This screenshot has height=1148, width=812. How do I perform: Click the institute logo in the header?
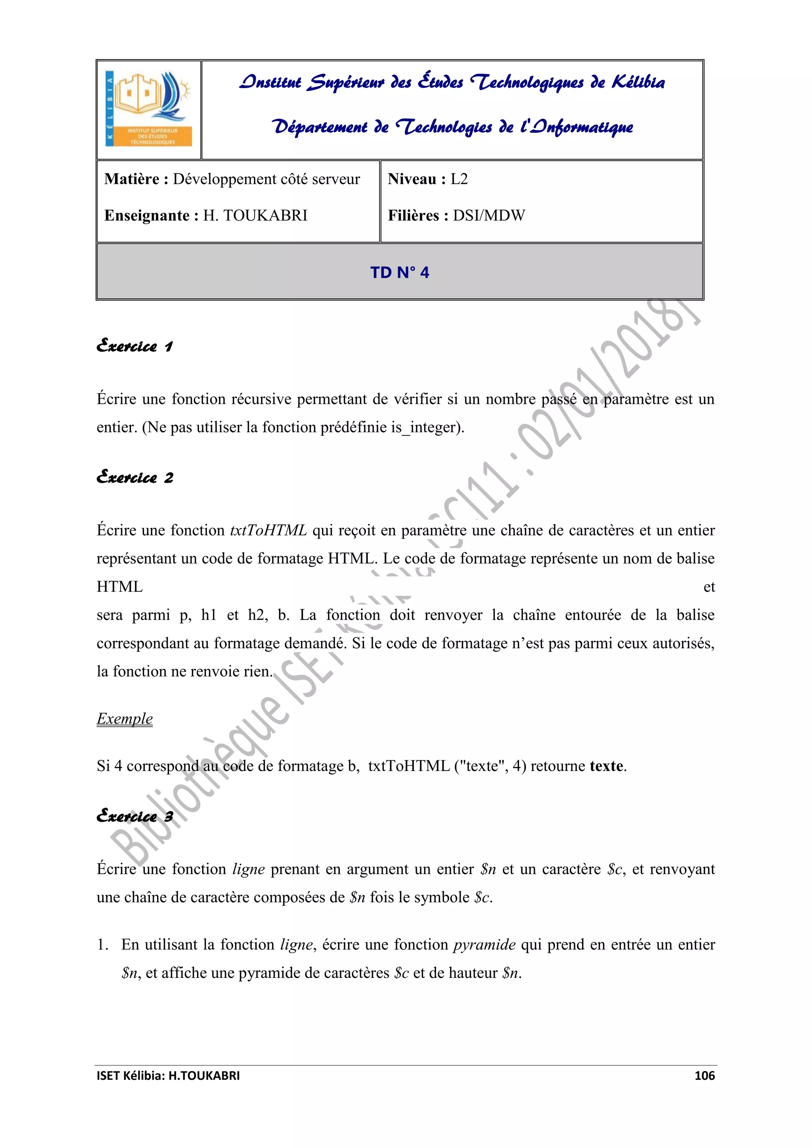pos(149,109)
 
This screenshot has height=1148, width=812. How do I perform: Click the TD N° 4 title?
pos(400,272)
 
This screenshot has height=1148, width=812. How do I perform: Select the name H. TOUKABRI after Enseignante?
pos(255,216)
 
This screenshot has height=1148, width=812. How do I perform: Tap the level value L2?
pos(459,179)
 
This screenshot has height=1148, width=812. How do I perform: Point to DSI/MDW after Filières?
pos(489,216)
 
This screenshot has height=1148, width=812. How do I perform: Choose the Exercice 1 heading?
pos(134,346)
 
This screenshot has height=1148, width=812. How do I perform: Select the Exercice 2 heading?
pos(134,478)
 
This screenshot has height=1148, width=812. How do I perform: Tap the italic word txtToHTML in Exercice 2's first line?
pos(268,530)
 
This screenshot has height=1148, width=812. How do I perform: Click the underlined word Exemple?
pos(124,719)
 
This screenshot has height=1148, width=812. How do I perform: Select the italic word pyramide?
pos(485,945)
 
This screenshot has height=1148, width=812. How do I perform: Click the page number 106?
pos(705,1075)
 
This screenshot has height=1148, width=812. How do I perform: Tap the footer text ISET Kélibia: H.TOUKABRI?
pos(168,1075)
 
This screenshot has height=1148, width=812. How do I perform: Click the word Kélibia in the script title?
pos(638,82)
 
